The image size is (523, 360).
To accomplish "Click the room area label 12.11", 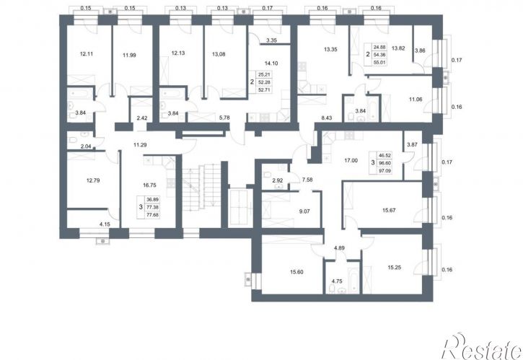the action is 87,53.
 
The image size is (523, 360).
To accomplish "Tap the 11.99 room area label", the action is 129,56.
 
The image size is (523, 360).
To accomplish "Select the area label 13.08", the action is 219,53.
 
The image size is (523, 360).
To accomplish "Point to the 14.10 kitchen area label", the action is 271,63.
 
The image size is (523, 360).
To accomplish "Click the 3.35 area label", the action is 272,40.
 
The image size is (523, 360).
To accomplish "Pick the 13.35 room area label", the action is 330,49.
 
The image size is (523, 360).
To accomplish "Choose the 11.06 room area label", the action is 416,99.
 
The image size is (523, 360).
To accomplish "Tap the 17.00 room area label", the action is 351,160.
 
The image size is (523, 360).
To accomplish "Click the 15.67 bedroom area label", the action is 389,211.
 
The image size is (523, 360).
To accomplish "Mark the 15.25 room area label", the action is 395,267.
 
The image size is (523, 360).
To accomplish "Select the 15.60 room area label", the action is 296,272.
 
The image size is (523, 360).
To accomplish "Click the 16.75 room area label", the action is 149,185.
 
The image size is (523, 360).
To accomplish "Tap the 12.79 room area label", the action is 93,180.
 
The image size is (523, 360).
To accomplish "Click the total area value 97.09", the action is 384,171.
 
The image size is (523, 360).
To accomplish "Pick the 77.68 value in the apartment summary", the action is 153,215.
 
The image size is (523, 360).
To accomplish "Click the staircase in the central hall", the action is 201,188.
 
